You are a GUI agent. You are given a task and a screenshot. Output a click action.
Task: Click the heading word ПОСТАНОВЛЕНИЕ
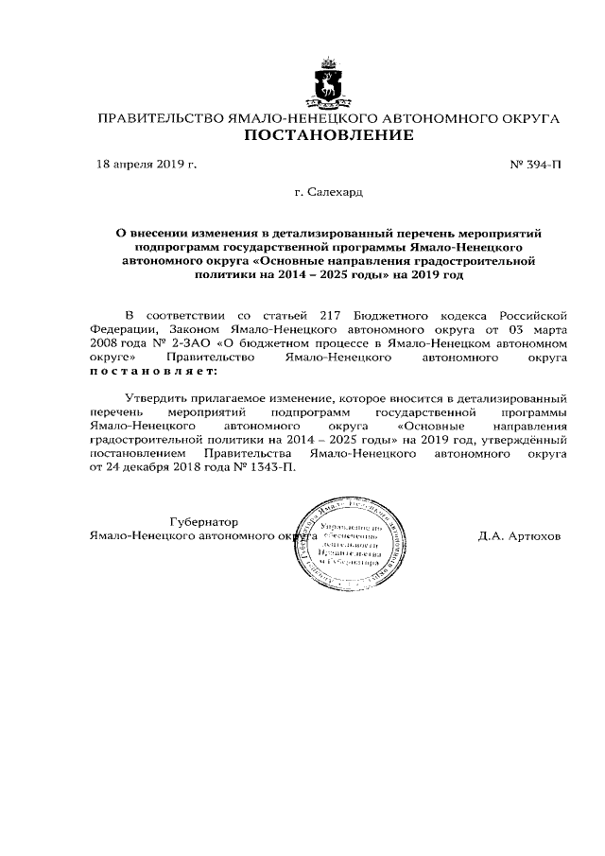[329, 137]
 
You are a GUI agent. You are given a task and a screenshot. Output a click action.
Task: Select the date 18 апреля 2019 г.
[147, 165]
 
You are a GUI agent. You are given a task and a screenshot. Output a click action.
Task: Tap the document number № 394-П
[535, 165]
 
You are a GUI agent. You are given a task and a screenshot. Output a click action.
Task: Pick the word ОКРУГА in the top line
[525, 119]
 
